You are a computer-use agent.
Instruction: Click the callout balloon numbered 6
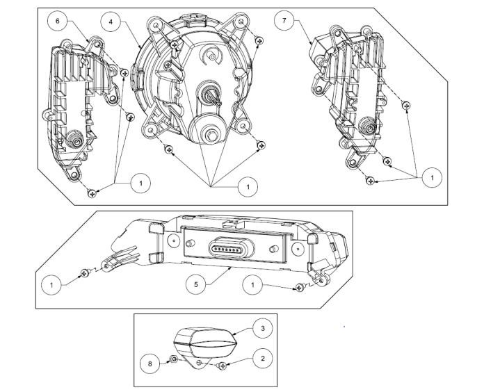(x=58, y=21)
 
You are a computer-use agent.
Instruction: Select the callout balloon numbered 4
(x=111, y=22)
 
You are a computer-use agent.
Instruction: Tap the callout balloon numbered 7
(x=284, y=20)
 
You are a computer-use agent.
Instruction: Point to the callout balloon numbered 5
(x=195, y=284)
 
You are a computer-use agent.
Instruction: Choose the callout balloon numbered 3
(x=263, y=328)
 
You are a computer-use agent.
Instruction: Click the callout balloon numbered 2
(x=263, y=359)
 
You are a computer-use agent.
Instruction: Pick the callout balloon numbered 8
(x=150, y=364)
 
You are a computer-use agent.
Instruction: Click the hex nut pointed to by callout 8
(x=174, y=359)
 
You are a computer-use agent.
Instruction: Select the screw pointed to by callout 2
(x=223, y=366)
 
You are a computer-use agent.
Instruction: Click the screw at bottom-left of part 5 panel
(x=85, y=272)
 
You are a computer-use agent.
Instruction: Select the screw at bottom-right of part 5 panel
(x=300, y=288)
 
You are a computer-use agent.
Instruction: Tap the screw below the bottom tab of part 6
(x=92, y=193)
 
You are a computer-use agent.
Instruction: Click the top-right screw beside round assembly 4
(x=259, y=40)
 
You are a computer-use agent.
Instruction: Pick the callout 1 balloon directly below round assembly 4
(x=248, y=187)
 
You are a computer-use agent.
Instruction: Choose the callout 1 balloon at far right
(x=432, y=178)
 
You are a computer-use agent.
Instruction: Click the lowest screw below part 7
(x=370, y=181)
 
